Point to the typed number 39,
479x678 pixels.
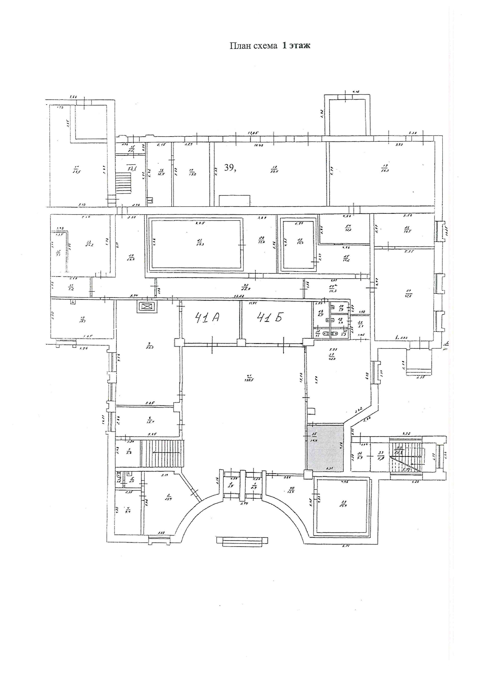(231, 168)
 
